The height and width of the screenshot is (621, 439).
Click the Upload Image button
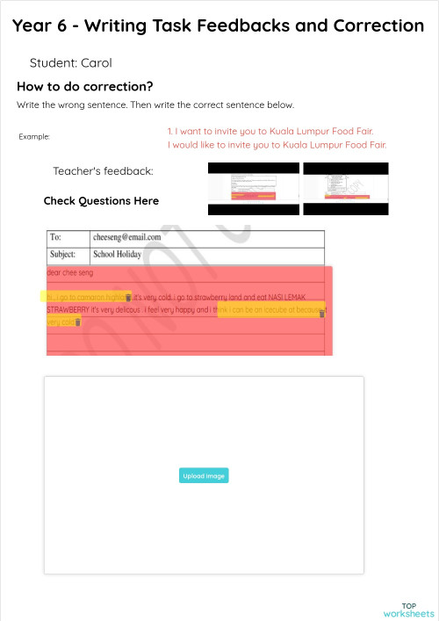204,476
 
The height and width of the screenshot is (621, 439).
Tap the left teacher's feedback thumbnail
253,189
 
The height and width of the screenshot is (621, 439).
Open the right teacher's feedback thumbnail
345,189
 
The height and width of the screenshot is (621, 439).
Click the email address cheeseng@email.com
127,237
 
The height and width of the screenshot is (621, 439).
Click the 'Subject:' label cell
65,255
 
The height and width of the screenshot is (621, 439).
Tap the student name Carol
96,63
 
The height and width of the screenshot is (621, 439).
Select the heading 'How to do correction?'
85,87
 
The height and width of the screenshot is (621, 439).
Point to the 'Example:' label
34,137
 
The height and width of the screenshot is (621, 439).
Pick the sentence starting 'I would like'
277,145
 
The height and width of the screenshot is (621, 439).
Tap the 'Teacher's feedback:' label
103,171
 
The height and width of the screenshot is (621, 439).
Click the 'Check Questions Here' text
101,201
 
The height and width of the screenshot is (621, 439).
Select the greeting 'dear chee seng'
69,273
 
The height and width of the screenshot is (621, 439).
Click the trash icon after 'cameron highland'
129,299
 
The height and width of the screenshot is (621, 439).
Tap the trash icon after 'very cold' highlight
79,322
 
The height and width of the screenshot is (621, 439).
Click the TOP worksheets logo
408,610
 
